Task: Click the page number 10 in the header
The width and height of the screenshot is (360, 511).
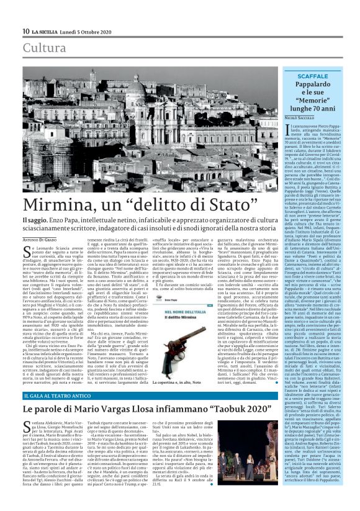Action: (26, 31)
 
